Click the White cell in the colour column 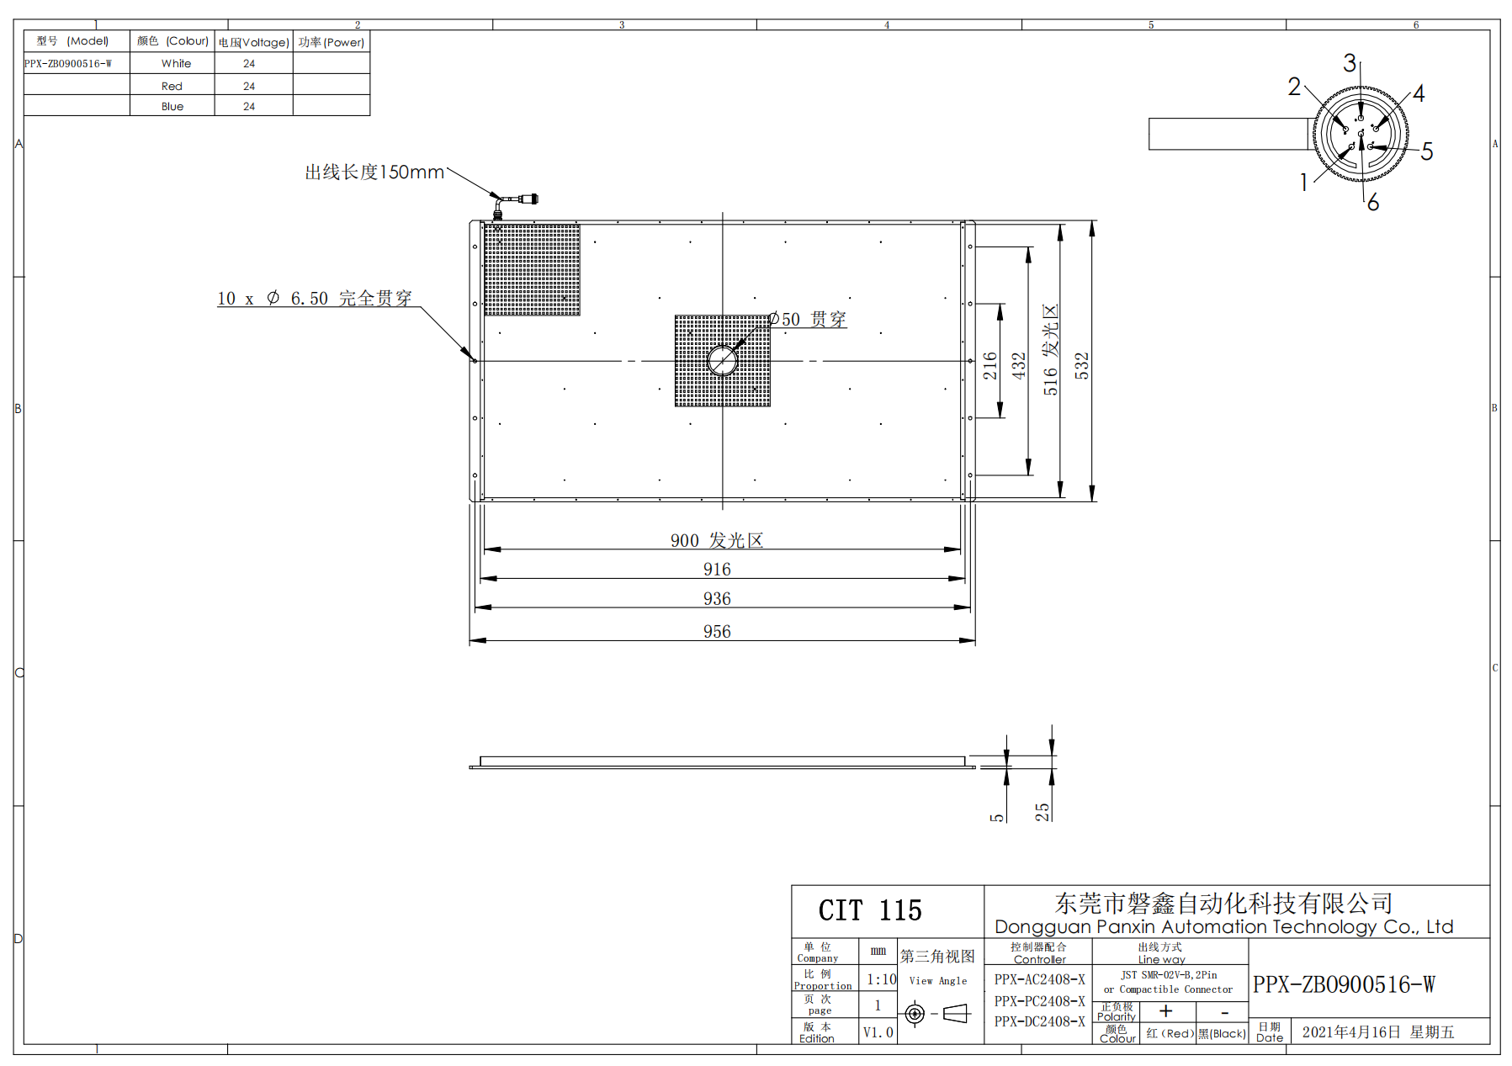coord(176,63)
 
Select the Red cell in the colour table coord(172,86)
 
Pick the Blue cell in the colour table coord(172,106)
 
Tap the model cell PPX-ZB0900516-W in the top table coord(68,63)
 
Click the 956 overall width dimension coord(717,631)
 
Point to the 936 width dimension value coord(717,598)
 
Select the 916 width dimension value coord(717,570)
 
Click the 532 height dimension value coord(1082,365)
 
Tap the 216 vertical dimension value coord(990,365)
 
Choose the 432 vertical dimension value coord(1019,365)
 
